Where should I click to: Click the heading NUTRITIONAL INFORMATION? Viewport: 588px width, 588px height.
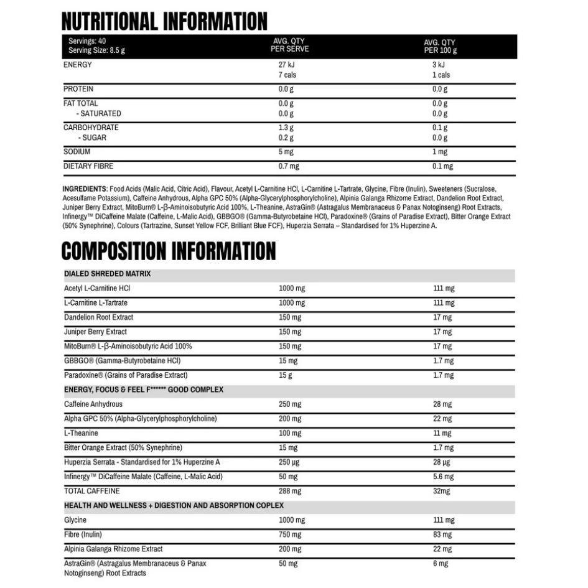click(x=165, y=21)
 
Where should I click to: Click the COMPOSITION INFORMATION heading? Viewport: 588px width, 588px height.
click(x=169, y=251)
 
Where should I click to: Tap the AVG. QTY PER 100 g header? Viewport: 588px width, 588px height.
click(x=440, y=47)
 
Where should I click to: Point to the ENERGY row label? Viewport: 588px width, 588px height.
click(x=78, y=65)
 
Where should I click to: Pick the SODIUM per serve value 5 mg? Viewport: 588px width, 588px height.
click(x=286, y=152)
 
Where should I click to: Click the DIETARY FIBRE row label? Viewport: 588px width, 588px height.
click(x=88, y=166)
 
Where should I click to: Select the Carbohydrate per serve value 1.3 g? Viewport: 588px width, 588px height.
click(x=286, y=128)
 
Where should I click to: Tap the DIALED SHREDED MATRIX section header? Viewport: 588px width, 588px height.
click(x=108, y=274)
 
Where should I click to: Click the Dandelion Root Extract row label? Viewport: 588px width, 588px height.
click(x=98, y=317)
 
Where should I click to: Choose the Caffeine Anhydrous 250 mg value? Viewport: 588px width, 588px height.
click(x=290, y=404)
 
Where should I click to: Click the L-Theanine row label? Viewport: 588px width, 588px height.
click(x=81, y=433)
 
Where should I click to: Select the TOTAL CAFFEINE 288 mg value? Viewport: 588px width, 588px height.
click(x=290, y=491)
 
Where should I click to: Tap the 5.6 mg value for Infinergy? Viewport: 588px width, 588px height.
click(x=443, y=477)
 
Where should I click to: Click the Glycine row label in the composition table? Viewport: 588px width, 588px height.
click(x=75, y=520)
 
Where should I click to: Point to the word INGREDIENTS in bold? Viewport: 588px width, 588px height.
click(x=85, y=188)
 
